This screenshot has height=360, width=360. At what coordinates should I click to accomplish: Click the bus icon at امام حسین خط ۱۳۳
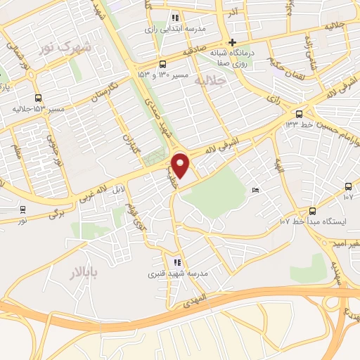click(x=300, y=114)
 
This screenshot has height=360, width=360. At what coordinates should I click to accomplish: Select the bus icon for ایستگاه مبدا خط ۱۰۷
click(x=312, y=211)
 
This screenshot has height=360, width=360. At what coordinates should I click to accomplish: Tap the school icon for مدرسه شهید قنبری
click(x=177, y=262)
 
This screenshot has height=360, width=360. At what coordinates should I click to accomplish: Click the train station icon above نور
click(x=23, y=209)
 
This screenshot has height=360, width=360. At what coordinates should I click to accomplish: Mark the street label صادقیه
click(x=193, y=51)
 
